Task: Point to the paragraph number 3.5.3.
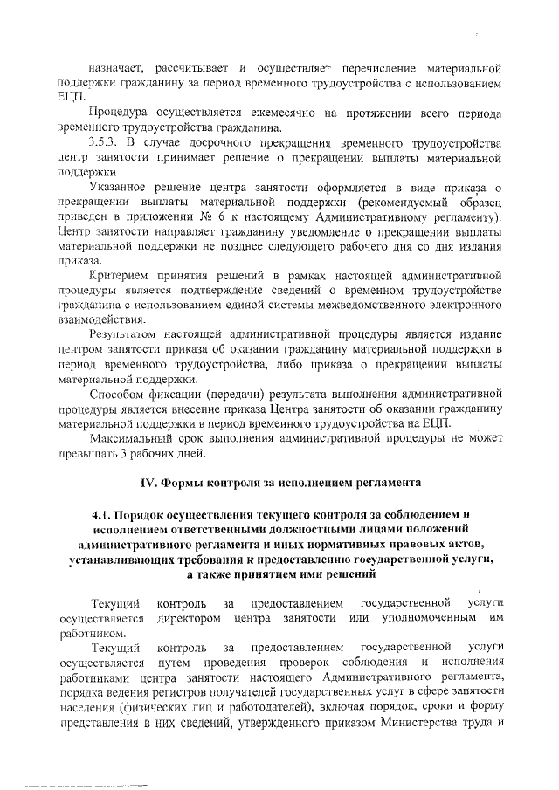pos(107,142)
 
